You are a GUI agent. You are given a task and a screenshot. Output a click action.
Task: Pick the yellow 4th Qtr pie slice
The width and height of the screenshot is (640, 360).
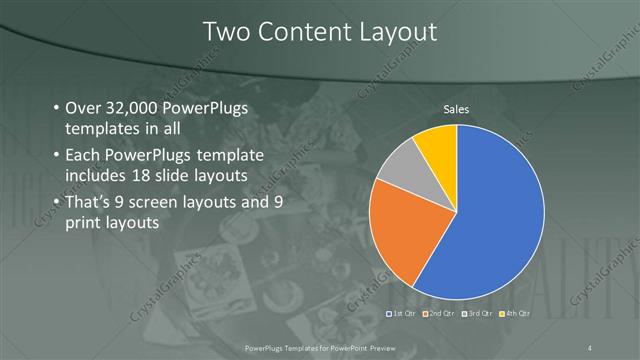click(x=438, y=145)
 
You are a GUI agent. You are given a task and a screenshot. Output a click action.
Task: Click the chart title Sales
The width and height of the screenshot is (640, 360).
click(x=457, y=109)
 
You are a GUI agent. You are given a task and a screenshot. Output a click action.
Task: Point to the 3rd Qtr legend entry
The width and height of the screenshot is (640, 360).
click(x=476, y=313)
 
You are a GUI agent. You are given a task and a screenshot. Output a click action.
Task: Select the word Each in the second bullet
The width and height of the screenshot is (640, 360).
click(x=82, y=155)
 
